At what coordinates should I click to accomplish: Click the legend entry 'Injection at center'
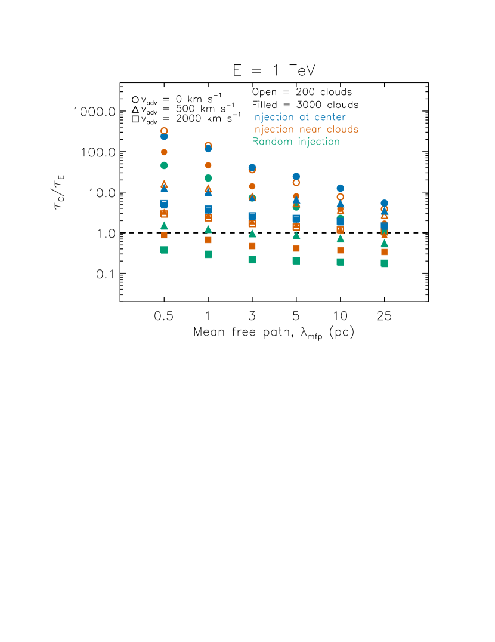[x=299, y=117]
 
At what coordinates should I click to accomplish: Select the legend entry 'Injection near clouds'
[x=305, y=130]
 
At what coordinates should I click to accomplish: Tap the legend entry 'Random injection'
[x=296, y=142]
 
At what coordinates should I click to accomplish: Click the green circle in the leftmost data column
[x=164, y=165]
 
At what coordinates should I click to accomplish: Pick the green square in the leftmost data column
[x=164, y=250]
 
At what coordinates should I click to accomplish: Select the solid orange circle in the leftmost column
[x=164, y=152]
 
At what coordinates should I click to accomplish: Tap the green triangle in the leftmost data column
[x=164, y=226]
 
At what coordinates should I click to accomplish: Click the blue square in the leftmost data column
[x=164, y=204]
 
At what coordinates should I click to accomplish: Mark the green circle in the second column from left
[x=208, y=178]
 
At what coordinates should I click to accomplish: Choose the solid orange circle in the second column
[x=208, y=165]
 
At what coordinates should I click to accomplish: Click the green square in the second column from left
[x=208, y=254]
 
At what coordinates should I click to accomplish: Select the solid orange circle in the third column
[x=252, y=186]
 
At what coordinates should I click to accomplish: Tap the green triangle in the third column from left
[x=252, y=234]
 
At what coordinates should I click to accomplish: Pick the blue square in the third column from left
[x=252, y=216]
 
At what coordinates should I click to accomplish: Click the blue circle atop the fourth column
[x=296, y=176]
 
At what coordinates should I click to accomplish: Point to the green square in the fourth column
[x=296, y=261]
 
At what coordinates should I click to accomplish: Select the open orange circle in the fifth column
[x=340, y=197]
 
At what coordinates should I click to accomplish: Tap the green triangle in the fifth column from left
[x=340, y=239]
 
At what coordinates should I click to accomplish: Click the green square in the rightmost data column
[x=384, y=263]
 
